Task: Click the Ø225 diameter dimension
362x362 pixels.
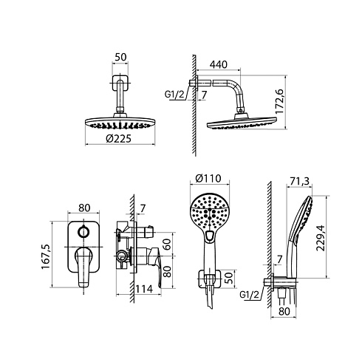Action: point(119,139)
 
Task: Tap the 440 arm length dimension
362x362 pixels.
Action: point(219,64)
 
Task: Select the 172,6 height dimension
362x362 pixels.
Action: point(279,101)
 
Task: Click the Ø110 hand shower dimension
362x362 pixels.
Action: point(208,178)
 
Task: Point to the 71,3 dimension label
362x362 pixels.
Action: point(299,181)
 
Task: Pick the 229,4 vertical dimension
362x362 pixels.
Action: point(321,238)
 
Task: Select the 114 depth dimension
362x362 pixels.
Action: point(144,289)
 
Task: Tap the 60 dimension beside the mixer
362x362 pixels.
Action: point(168,245)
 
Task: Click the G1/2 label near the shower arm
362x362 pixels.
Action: point(174,95)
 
